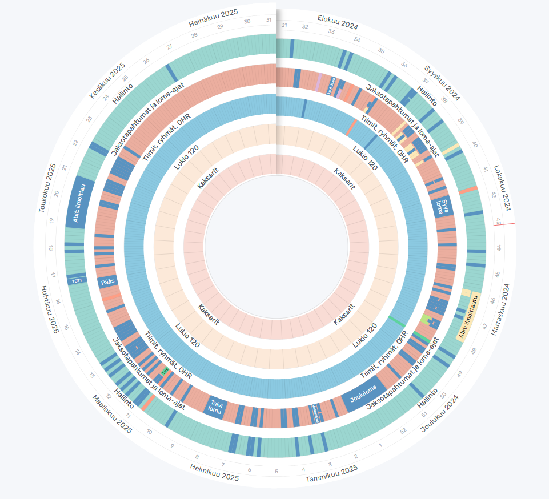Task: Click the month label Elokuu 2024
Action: pos(338,23)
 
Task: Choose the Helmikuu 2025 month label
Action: pos(214,473)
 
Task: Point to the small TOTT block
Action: pos(77,280)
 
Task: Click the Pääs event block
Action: pos(107,282)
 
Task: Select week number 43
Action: pos(498,220)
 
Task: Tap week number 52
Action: pos(403,430)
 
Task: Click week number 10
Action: pos(149,432)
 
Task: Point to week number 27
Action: pos(169,46)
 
